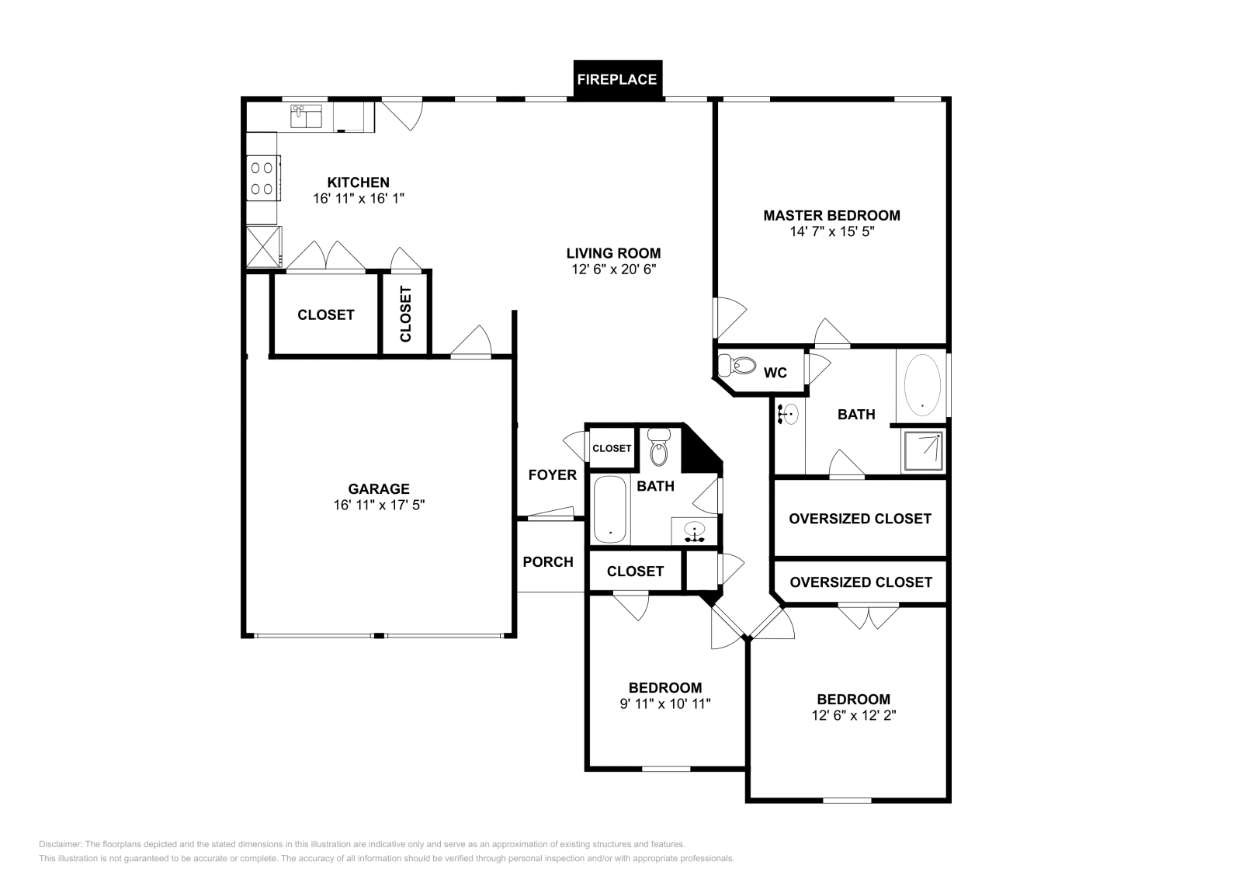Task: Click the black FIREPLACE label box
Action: coord(618,80)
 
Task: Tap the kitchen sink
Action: coord(306,116)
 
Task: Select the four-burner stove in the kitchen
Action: coord(263,178)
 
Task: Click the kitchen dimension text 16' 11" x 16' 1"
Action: coord(359,199)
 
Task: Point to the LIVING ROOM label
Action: coord(614,253)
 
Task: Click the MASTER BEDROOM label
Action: coord(831,216)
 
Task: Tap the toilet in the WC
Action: coord(737,366)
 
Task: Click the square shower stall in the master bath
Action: coord(923,451)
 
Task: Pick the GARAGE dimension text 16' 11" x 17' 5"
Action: coord(380,506)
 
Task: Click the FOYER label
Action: coord(552,475)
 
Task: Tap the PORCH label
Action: coord(548,562)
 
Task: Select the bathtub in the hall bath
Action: coord(610,509)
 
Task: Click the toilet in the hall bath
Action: coord(659,446)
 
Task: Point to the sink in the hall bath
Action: coord(694,531)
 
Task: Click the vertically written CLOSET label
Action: coord(406,314)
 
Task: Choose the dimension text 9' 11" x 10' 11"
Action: coord(665,704)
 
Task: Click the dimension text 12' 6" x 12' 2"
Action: coord(854,716)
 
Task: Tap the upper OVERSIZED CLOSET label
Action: coord(860,519)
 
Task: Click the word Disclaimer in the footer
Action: coord(61,844)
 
